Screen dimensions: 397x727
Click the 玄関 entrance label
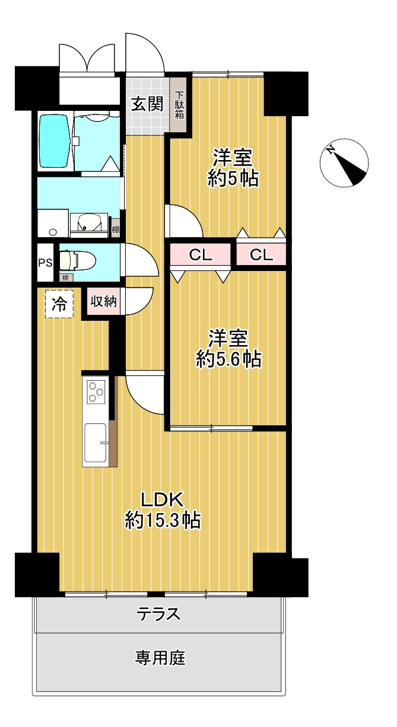147,104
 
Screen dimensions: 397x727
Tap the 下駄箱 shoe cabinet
179,105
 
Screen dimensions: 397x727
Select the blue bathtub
55,141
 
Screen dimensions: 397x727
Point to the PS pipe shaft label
46,263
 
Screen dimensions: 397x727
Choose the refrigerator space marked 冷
59,304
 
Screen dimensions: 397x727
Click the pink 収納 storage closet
103,301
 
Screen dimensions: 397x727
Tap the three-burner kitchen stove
96,391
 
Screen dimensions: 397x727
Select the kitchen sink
96,443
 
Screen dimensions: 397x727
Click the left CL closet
201,255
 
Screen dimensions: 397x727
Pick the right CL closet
261,255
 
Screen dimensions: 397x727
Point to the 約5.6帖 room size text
228,359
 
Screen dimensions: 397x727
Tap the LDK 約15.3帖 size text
163,511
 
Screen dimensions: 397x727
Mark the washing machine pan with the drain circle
53,224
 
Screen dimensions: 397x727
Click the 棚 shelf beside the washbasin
115,229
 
